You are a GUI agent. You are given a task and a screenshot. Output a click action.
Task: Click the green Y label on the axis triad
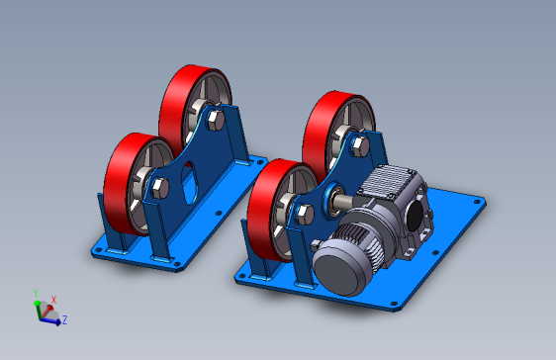click(x=36, y=294)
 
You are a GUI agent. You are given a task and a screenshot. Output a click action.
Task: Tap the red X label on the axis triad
click(x=53, y=300)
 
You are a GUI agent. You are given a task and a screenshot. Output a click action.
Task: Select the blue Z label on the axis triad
click(x=64, y=319)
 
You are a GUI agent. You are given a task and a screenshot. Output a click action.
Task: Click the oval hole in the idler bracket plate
click(x=190, y=183)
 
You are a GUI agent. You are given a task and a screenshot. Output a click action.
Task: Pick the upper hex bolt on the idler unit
click(x=215, y=120)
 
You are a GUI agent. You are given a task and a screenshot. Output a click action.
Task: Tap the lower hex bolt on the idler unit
click(x=160, y=188)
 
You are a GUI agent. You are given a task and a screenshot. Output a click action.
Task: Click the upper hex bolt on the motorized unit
click(x=359, y=146)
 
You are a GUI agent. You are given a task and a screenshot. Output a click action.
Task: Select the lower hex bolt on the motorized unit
click(x=305, y=215)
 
